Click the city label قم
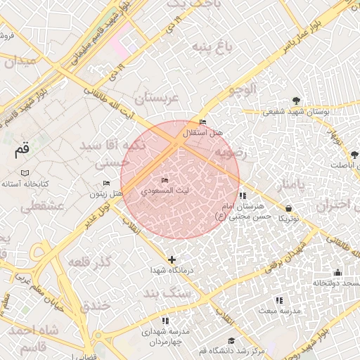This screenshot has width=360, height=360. (x=22, y=149)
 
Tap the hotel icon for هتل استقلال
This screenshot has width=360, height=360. (x=203, y=122)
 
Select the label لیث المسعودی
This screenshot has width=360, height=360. (x=165, y=191)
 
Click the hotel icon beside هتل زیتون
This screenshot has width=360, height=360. (x=107, y=184)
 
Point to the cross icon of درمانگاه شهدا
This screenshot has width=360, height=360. (x=172, y=260)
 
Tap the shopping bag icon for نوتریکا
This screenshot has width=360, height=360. (x=290, y=208)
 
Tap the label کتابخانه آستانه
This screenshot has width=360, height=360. (x=25, y=184)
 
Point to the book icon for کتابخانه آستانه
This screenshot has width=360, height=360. (x=25, y=173)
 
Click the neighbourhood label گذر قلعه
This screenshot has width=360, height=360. (x=91, y=262)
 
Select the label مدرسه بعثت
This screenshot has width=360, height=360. (x=279, y=310)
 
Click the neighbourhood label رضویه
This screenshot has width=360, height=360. (x=231, y=151)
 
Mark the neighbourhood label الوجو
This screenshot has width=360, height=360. (x=244, y=89)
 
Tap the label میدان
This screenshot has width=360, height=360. (x=19, y=61)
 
